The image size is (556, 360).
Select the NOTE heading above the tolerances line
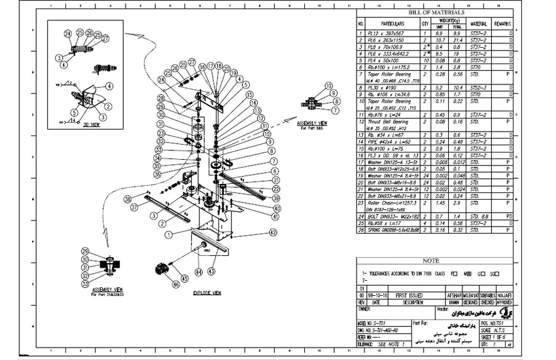[x=431, y=261]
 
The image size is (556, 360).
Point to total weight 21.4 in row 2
[x=457, y=41]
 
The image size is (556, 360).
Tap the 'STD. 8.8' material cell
[x=480, y=216]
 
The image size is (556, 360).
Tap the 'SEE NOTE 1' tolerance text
[x=391, y=343]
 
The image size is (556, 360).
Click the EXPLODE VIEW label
[x=206, y=293]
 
